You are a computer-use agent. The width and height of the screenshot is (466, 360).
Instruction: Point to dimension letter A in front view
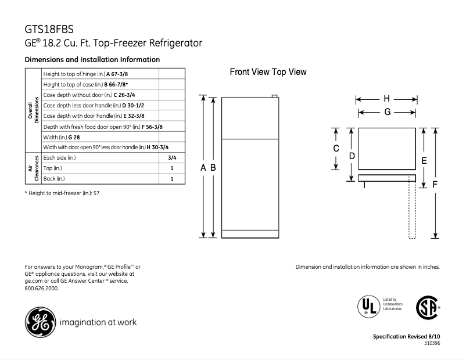[203, 167]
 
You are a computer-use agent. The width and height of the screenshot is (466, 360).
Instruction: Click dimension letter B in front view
[213, 167]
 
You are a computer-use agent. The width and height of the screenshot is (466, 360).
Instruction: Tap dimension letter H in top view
[386, 98]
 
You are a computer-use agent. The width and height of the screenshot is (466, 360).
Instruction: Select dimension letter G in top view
[386, 111]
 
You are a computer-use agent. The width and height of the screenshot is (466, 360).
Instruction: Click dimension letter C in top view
[336, 149]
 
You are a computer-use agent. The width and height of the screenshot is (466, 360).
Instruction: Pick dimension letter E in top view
[424, 160]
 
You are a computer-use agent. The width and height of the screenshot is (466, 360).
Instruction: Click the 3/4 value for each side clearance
[172, 157]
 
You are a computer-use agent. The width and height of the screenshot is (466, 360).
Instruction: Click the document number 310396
[430, 343]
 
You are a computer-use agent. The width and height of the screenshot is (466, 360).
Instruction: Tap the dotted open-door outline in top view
[413, 209]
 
